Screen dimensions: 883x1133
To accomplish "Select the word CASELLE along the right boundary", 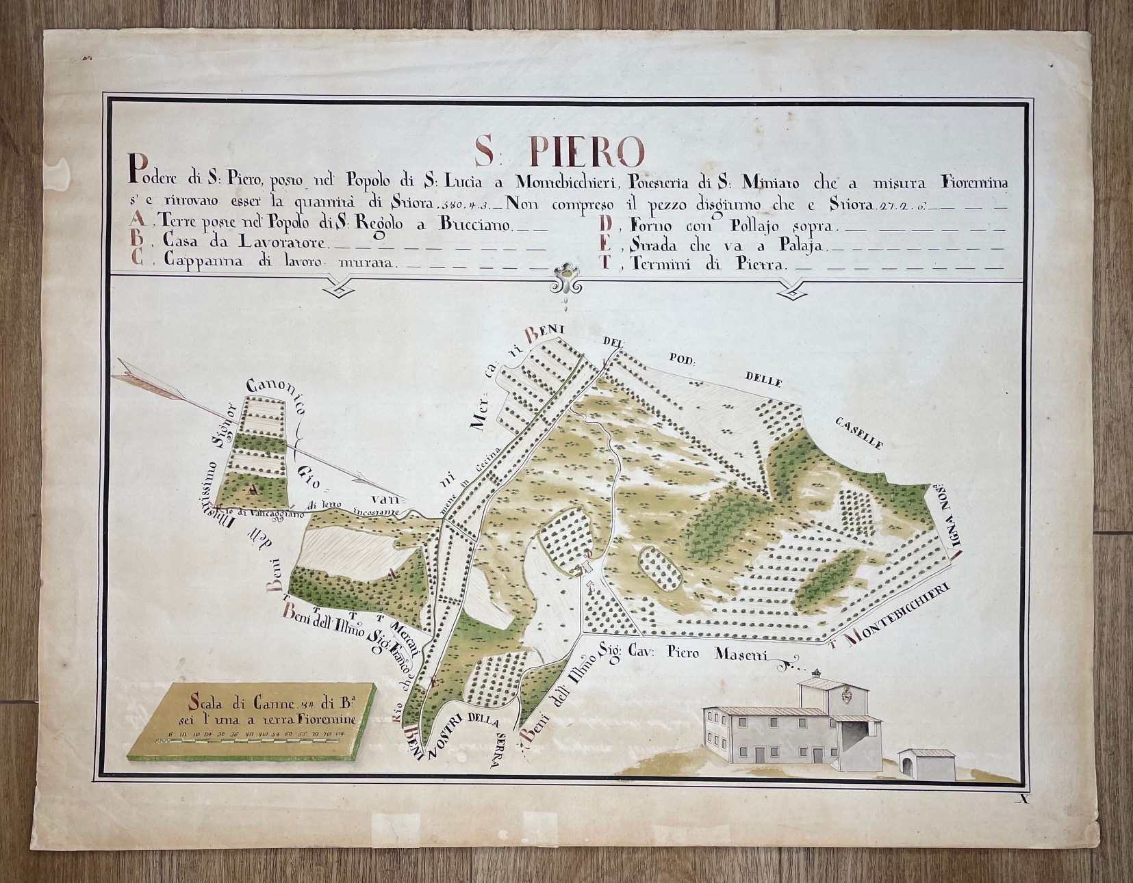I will (858, 434).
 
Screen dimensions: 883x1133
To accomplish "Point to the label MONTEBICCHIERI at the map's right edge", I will (898, 614).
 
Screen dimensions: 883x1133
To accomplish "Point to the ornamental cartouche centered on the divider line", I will (565, 276).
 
